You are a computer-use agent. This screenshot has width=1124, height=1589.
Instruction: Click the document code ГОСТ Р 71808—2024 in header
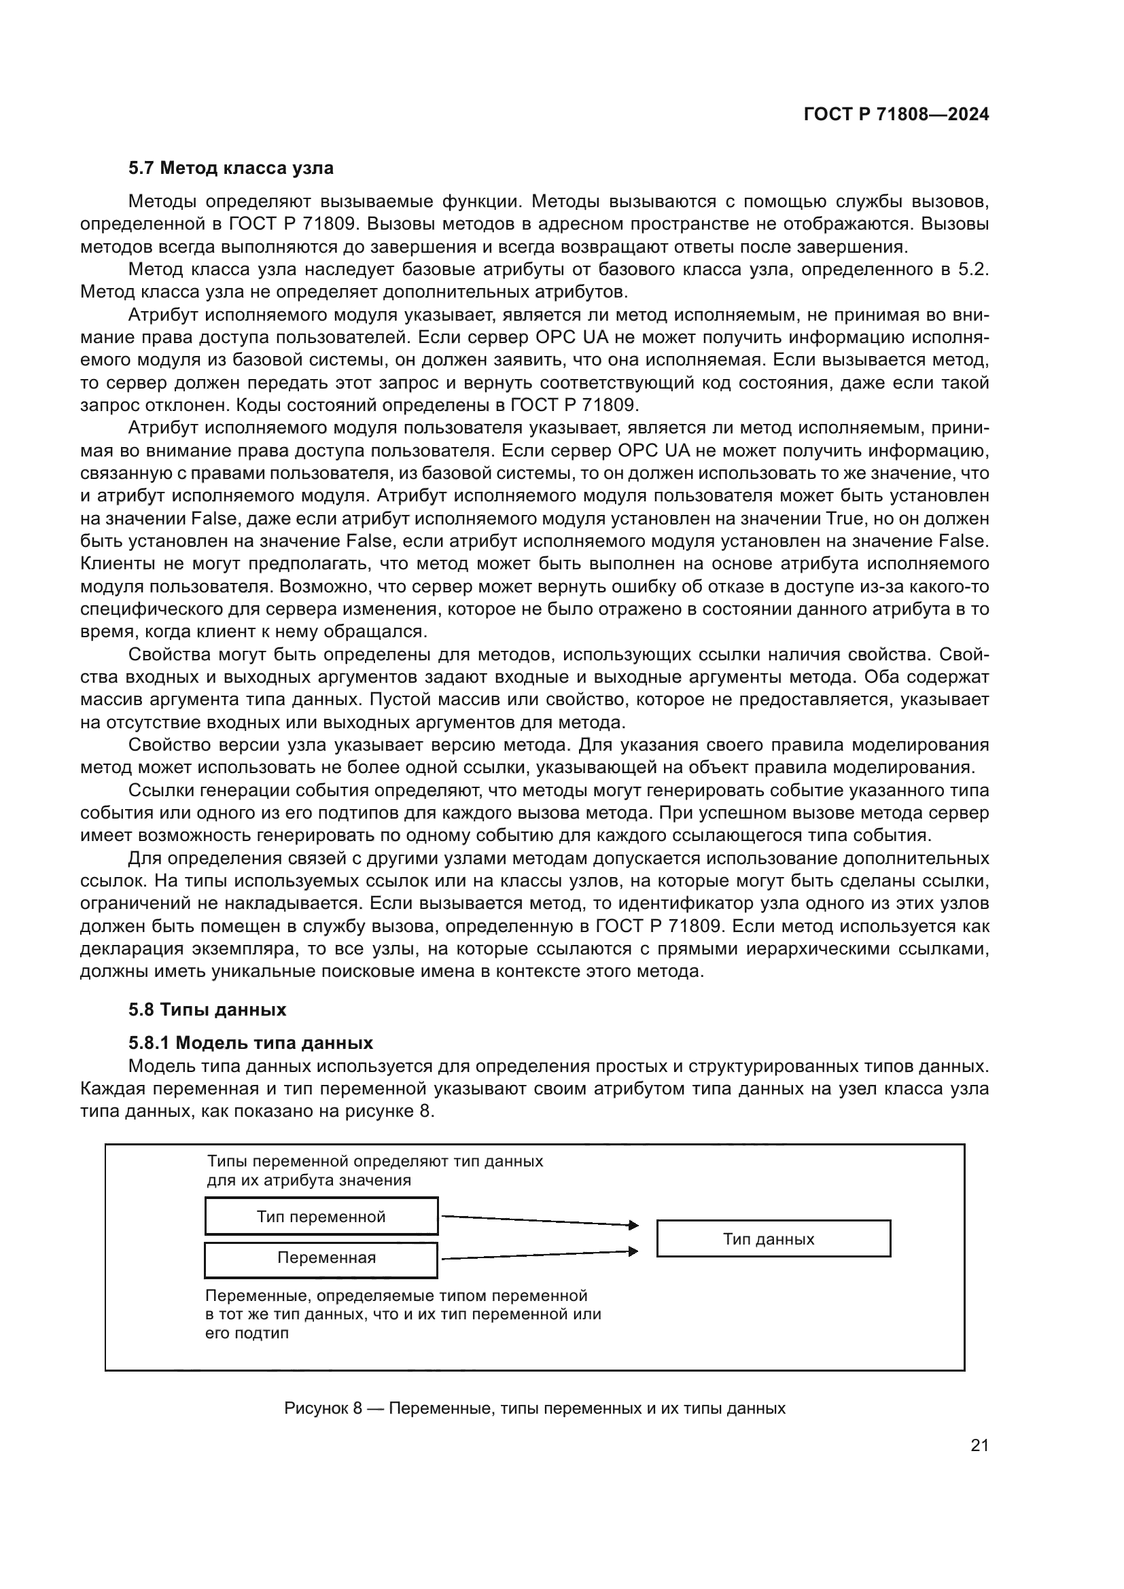[x=896, y=115]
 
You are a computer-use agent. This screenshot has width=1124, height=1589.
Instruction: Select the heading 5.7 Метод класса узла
[x=230, y=168]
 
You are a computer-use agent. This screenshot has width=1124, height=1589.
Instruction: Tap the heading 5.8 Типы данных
[x=207, y=1010]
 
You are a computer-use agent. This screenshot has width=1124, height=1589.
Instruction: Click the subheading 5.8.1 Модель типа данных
[x=251, y=1043]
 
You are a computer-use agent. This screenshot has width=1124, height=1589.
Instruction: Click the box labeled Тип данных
[x=773, y=1239]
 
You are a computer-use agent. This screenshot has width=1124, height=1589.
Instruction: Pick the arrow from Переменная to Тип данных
[x=538, y=1255]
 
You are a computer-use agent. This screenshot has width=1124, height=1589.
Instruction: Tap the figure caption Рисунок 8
[x=534, y=1408]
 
